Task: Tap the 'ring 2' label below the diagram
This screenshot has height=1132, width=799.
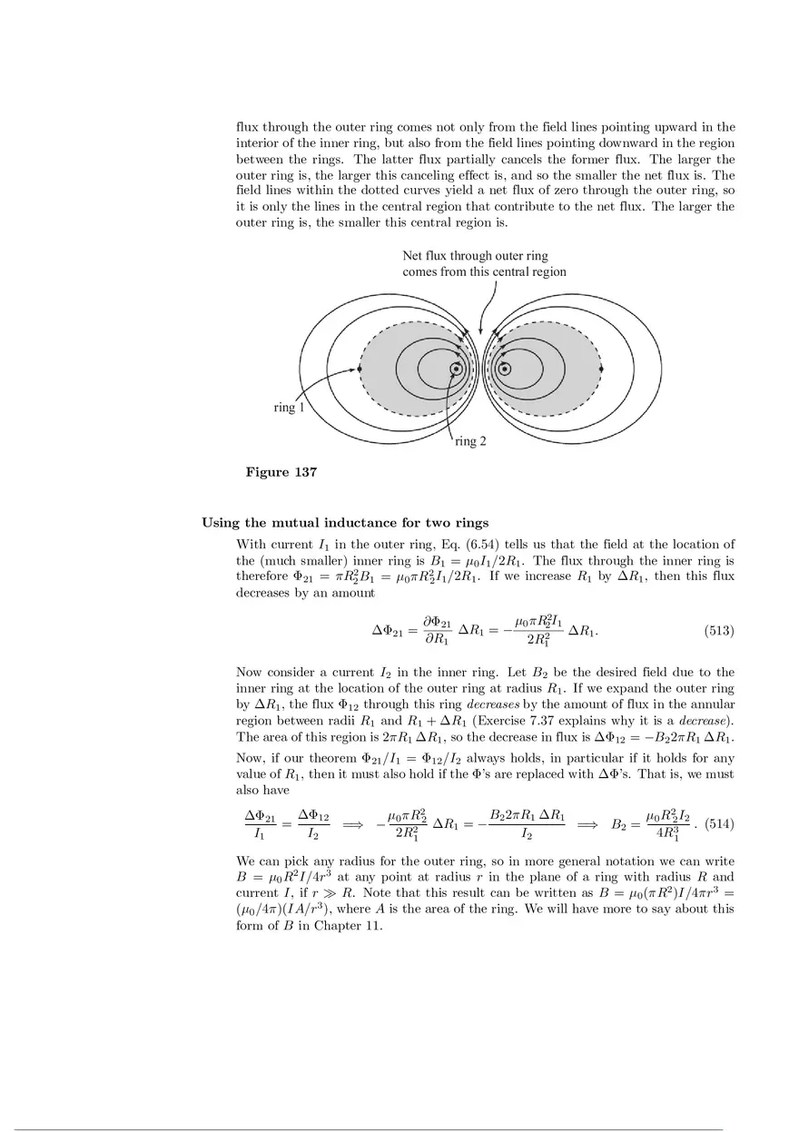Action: [471, 441]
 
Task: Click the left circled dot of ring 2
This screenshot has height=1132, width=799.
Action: [456, 369]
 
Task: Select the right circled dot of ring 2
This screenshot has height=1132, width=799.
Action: [504, 369]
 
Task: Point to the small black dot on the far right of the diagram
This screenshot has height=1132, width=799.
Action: [602, 369]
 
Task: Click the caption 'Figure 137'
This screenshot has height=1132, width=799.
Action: [281, 472]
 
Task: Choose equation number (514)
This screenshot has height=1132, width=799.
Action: [719, 824]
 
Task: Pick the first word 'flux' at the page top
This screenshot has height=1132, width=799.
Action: [248, 127]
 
